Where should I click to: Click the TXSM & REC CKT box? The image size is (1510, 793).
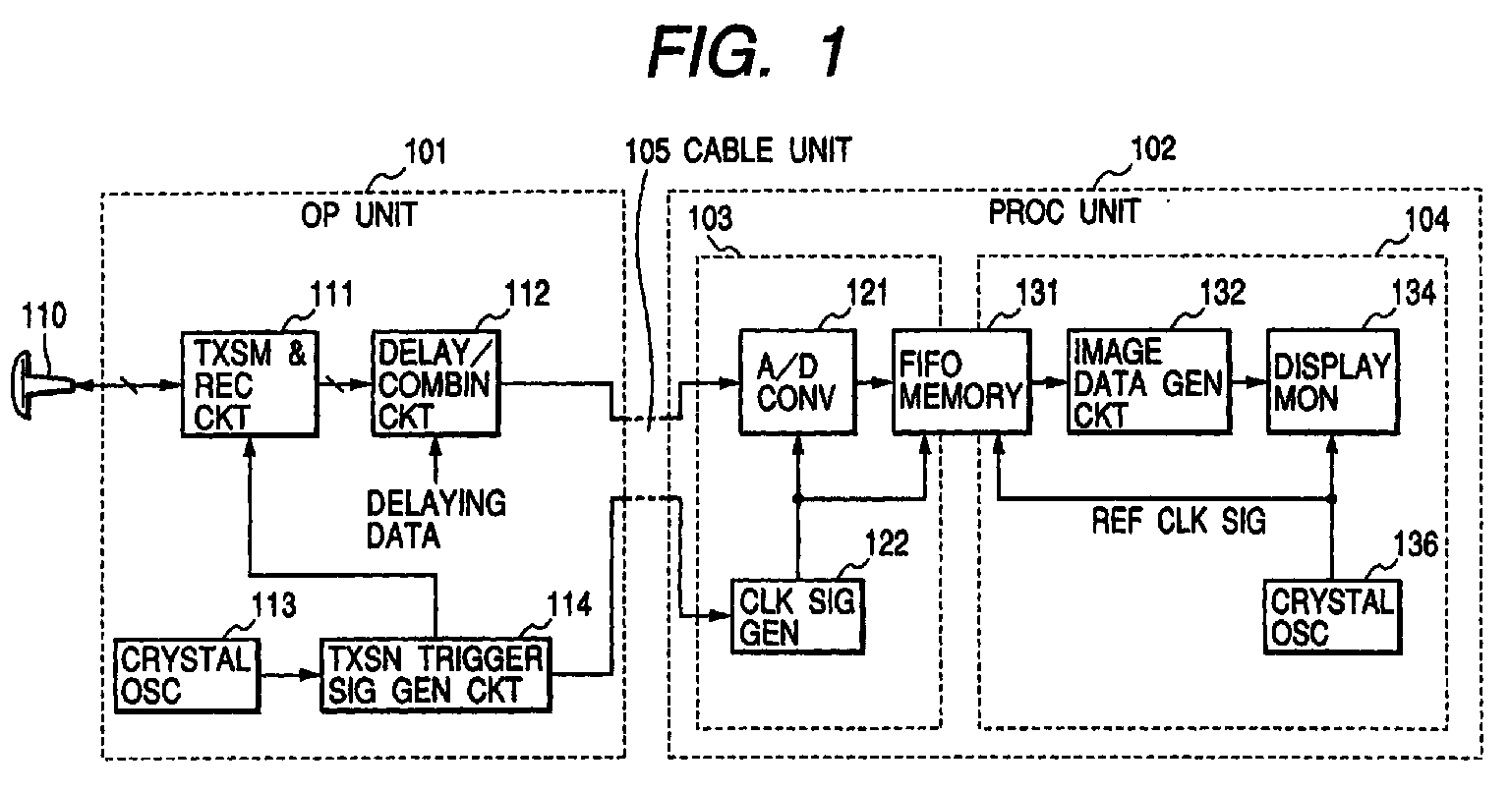(x=250, y=383)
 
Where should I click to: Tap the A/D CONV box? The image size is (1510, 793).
(x=797, y=381)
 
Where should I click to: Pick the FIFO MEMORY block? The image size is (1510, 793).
(x=961, y=381)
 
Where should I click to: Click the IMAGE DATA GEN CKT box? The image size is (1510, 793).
(x=1148, y=381)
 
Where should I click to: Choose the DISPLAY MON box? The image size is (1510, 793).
(x=1333, y=381)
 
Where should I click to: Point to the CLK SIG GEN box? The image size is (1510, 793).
(x=797, y=616)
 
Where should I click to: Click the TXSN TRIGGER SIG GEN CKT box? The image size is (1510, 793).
(x=436, y=674)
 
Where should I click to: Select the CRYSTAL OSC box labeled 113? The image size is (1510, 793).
(x=187, y=675)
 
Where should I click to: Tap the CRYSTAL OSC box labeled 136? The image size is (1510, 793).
(x=1332, y=616)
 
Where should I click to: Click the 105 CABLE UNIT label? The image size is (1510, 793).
(x=738, y=150)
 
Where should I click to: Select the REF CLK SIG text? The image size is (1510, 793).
(x=1179, y=521)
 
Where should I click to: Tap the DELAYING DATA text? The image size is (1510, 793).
(x=436, y=520)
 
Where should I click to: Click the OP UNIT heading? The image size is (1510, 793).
(x=359, y=215)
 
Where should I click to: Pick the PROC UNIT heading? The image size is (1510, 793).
(x=1064, y=211)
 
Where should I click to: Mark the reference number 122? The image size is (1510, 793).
(x=886, y=543)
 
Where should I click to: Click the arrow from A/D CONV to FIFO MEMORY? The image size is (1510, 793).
(x=875, y=382)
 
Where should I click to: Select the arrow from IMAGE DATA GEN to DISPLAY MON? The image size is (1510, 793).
(x=1249, y=382)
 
